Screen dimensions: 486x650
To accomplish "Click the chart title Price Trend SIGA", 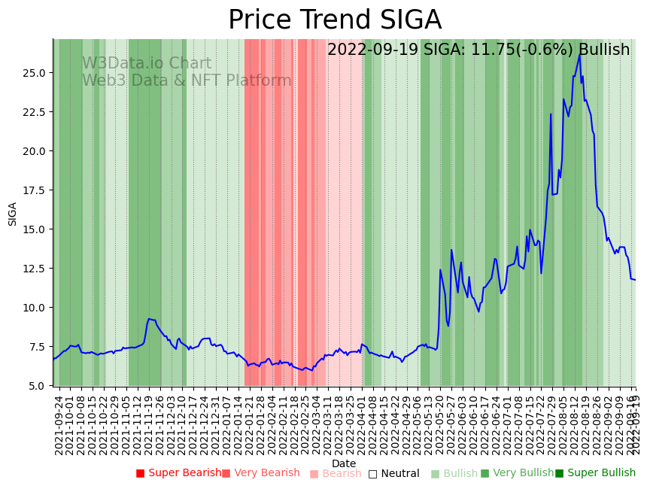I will [x=335, y=20].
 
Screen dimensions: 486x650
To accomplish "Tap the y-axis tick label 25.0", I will [x=35, y=73].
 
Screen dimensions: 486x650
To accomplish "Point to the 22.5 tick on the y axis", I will [x=35, y=112].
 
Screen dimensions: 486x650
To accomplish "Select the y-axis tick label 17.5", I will [x=35, y=190].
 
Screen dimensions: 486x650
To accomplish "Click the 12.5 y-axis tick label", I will [x=35, y=269].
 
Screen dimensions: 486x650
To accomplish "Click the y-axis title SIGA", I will [x=13, y=213].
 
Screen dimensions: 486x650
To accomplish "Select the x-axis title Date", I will [x=344, y=463].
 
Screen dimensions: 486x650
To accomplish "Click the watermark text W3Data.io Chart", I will [x=147, y=64].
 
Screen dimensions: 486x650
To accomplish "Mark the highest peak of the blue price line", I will [x=580, y=53].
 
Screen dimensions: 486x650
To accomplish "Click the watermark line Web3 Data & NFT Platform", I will [x=187, y=81].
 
